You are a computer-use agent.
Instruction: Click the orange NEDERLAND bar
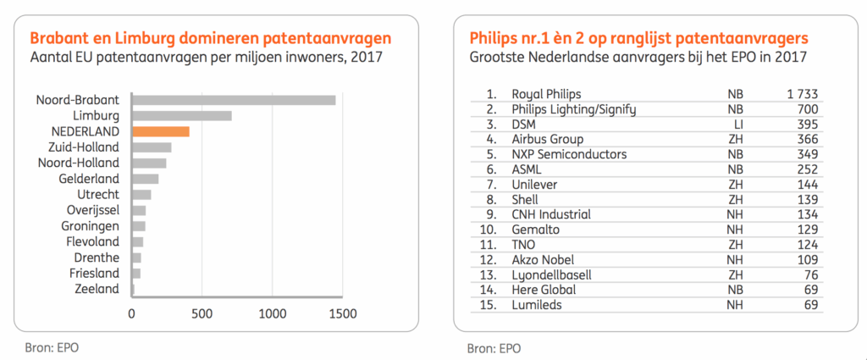click(161, 131)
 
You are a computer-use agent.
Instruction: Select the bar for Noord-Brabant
click(234, 100)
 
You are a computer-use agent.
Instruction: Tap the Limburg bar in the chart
click(182, 115)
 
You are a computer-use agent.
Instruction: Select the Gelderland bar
click(146, 179)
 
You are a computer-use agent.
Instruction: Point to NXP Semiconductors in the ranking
click(569, 154)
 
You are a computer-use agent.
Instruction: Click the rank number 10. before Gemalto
click(489, 230)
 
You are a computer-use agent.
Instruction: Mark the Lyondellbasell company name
click(551, 275)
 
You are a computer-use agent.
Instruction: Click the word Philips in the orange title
click(493, 38)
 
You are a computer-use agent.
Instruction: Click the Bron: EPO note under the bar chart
click(53, 346)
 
